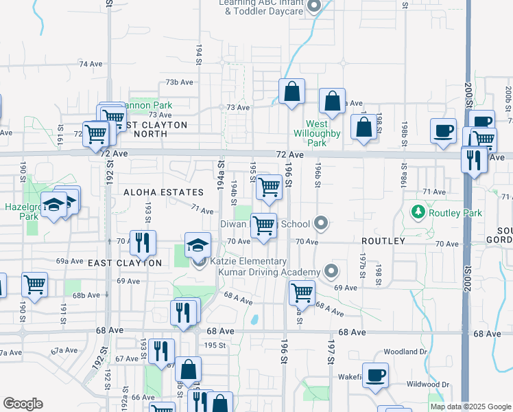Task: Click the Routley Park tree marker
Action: pos(417,211)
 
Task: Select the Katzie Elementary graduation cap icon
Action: pos(197,245)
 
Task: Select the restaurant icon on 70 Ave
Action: pos(143,242)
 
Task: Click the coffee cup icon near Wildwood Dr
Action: pos(375,375)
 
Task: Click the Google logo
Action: pos(23,403)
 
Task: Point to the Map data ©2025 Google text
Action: pos(470,407)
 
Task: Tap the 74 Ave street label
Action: pos(90,64)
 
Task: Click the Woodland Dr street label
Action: pos(405,352)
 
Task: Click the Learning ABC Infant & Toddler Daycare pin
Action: pos(315,8)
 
